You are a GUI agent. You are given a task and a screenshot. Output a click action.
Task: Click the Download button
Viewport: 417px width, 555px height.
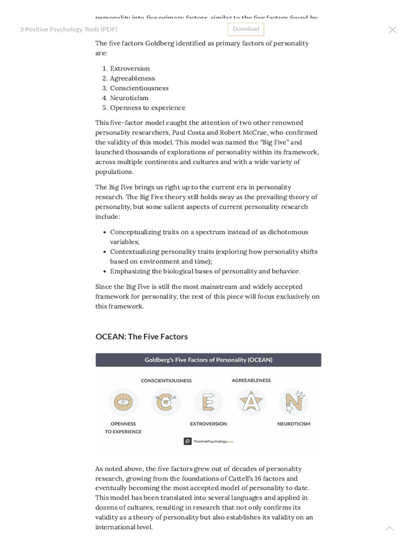(246, 29)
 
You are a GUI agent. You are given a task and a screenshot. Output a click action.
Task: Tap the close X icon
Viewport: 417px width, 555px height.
(392, 30)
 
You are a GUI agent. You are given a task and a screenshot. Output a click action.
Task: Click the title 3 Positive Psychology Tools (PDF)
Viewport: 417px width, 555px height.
(68, 29)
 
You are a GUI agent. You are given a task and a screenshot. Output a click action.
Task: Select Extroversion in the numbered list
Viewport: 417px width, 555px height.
(130, 68)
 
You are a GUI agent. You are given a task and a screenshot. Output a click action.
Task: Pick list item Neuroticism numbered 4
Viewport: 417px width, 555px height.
(129, 98)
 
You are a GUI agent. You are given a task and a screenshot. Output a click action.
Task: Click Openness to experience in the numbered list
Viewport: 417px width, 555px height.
(148, 107)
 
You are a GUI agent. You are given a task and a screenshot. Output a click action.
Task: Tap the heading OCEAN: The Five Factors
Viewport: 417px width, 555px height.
(142, 336)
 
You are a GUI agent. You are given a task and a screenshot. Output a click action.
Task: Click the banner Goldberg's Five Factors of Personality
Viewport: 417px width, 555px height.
(208, 360)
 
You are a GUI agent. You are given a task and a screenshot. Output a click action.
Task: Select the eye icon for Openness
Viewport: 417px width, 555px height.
(123, 402)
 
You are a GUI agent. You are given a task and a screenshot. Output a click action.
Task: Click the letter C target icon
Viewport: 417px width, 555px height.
(166, 402)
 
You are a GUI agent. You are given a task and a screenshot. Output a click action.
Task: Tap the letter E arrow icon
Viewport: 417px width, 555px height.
(208, 402)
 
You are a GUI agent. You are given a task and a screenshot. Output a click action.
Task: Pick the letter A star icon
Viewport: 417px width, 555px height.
(251, 402)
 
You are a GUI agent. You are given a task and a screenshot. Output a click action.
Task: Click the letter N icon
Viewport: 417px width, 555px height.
(294, 402)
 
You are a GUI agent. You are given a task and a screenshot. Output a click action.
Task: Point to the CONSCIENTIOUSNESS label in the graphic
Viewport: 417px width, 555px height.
(166, 380)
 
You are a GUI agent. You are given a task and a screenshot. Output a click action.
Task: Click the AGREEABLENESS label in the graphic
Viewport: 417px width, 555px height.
(251, 380)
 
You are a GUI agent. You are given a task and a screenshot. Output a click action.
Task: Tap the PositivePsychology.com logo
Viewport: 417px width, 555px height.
(208, 441)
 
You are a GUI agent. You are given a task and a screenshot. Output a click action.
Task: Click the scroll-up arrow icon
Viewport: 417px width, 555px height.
(389, 528)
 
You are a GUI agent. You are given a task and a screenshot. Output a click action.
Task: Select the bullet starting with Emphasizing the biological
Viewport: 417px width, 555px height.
(205, 271)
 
